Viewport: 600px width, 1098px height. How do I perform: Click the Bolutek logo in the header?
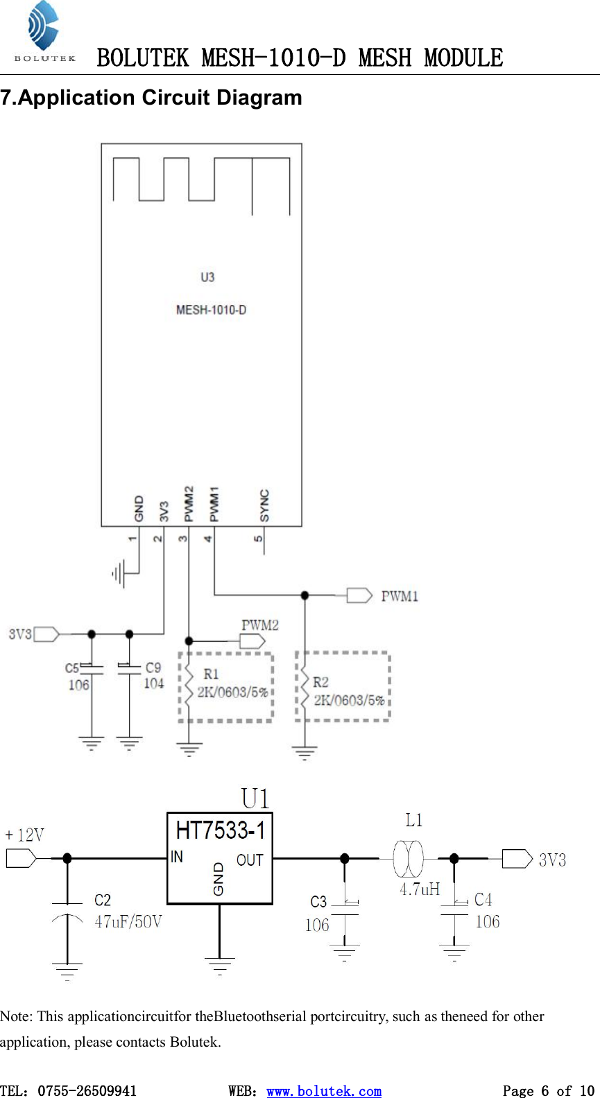[x=44, y=32]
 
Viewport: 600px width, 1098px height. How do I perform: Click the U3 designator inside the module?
[x=207, y=277]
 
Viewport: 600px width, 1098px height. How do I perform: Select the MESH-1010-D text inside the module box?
[x=211, y=310]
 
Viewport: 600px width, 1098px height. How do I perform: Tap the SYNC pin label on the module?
[x=264, y=505]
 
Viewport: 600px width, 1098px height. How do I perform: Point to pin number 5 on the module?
[x=259, y=539]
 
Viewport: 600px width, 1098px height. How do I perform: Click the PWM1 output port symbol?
[x=359, y=595]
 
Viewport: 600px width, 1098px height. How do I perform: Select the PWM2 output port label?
[x=260, y=625]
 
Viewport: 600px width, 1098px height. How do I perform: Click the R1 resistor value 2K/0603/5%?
[x=232, y=692]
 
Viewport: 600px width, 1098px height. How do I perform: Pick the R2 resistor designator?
[x=320, y=682]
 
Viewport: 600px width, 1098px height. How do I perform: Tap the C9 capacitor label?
[x=153, y=668]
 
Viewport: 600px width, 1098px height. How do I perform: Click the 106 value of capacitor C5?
[x=78, y=685]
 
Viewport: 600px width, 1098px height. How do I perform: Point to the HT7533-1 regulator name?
[x=220, y=830]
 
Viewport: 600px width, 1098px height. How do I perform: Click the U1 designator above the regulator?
[x=255, y=799]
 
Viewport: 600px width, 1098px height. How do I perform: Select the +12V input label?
[x=25, y=835]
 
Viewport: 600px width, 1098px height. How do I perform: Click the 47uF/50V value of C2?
[x=128, y=922]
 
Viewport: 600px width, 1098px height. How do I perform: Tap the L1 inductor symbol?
[x=408, y=859]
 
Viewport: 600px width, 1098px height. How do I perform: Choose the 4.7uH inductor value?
[x=419, y=889]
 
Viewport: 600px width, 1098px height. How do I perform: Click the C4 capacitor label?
[x=483, y=900]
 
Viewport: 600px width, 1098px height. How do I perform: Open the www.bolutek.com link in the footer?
[x=324, y=1091]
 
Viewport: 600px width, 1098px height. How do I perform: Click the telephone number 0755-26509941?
[x=87, y=1091]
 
